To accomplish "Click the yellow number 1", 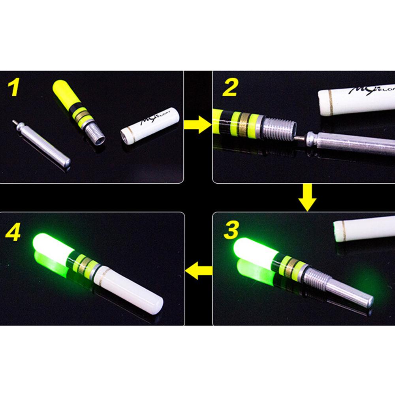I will [13, 88].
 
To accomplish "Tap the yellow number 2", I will [229, 88].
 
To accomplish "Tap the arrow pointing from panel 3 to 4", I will [199, 271].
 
